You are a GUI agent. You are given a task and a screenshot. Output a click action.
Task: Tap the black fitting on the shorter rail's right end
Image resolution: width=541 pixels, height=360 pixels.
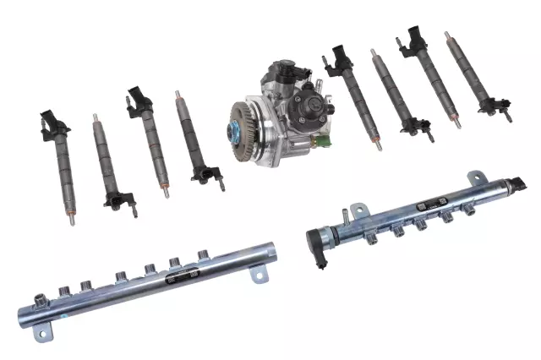[518, 184]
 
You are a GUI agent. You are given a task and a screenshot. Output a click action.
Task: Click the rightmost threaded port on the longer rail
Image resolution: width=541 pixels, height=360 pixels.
[203, 254]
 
